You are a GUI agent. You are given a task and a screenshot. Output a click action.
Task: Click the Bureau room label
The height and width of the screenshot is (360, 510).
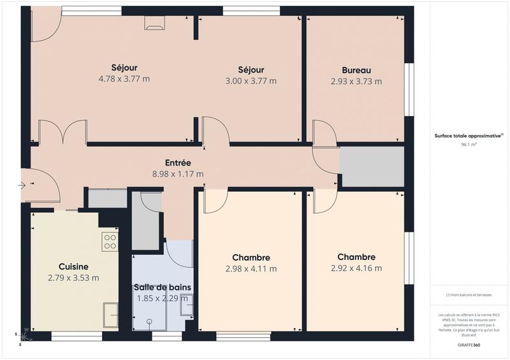pyautogui.click(x=356, y=70)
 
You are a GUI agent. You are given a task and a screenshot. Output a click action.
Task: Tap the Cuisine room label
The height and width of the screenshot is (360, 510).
pyautogui.click(x=73, y=266)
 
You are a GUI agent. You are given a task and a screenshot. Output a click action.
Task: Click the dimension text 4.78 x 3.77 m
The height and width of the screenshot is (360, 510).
pyautogui.click(x=124, y=79)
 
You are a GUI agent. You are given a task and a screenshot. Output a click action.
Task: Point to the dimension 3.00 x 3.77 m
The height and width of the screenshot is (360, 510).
pyautogui.click(x=251, y=81)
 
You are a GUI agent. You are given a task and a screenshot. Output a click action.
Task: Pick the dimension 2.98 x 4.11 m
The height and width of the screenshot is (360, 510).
pyautogui.click(x=251, y=269)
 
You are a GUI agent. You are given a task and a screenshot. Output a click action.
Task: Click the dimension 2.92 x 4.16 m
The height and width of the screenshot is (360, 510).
pyautogui.click(x=356, y=268)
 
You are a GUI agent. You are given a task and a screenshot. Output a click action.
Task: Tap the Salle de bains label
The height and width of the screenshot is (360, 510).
pyautogui.click(x=162, y=287)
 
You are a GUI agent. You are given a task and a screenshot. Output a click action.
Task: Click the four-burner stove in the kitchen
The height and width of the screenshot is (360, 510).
pyautogui.click(x=110, y=241)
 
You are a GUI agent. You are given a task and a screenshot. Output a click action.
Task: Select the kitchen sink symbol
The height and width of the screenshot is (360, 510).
pyautogui.click(x=110, y=315)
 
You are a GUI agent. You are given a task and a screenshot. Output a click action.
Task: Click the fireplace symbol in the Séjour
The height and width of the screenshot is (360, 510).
pyautogui.click(x=154, y=23)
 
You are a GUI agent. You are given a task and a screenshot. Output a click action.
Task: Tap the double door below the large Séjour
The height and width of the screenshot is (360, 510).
pyautogui.click(x=62, y=132)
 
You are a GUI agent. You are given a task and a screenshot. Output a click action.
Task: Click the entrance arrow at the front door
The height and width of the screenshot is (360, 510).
pyautogui.click(x=24, y=185)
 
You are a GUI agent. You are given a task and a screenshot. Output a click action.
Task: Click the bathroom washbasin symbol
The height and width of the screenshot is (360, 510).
pyautogui.click(x=187, y=306)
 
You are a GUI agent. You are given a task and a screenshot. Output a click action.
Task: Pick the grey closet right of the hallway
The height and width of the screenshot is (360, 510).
pyautogui.click(x=372, y=166)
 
